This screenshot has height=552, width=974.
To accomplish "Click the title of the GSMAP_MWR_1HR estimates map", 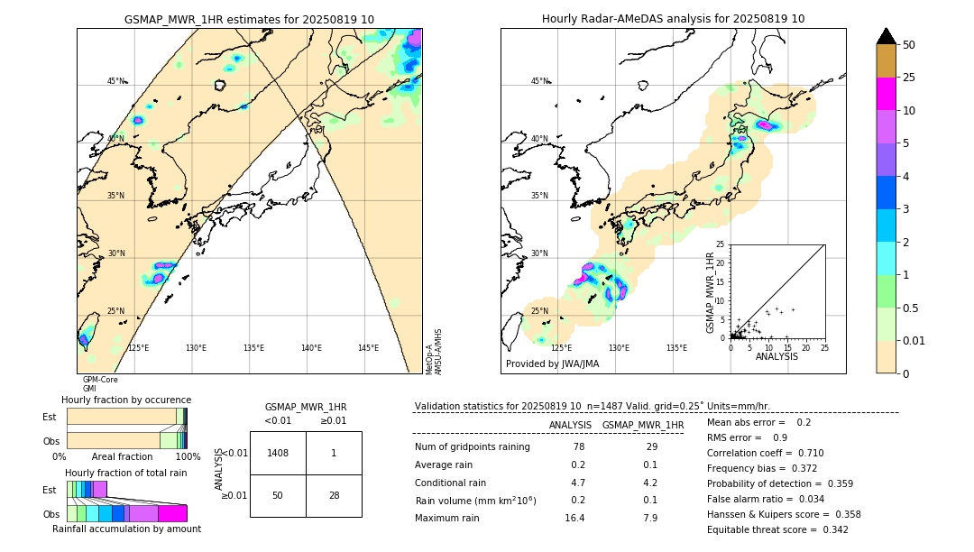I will tap(249, 19).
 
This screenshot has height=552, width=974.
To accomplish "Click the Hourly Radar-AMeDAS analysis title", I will tap(673, 19).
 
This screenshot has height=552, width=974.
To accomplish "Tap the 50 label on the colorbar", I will tap(909, 45).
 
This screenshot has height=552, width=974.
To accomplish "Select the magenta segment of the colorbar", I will tap(886, 94).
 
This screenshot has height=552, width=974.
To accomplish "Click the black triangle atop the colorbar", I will tap(886, 36).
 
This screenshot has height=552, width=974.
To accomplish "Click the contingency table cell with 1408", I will tap(278, 453).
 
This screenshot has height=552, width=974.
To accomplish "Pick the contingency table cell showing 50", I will tap(278, 495).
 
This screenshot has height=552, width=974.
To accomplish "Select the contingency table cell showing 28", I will tap(333, 495).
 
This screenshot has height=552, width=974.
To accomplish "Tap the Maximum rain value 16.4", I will tap(575, 518).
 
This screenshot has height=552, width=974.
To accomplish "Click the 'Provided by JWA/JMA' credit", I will tap(552, 364).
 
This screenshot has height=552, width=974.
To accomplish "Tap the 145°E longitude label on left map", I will tap(368, 348).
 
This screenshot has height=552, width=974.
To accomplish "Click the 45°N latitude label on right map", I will tap(539, 81).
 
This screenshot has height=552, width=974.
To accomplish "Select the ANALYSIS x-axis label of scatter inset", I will tap(776, 356).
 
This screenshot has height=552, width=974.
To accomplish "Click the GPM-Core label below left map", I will tap(100, 380).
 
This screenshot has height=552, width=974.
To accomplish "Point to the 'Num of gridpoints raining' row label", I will tap(472, 447).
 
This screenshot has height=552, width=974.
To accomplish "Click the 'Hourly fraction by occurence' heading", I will tap(126, 400).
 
